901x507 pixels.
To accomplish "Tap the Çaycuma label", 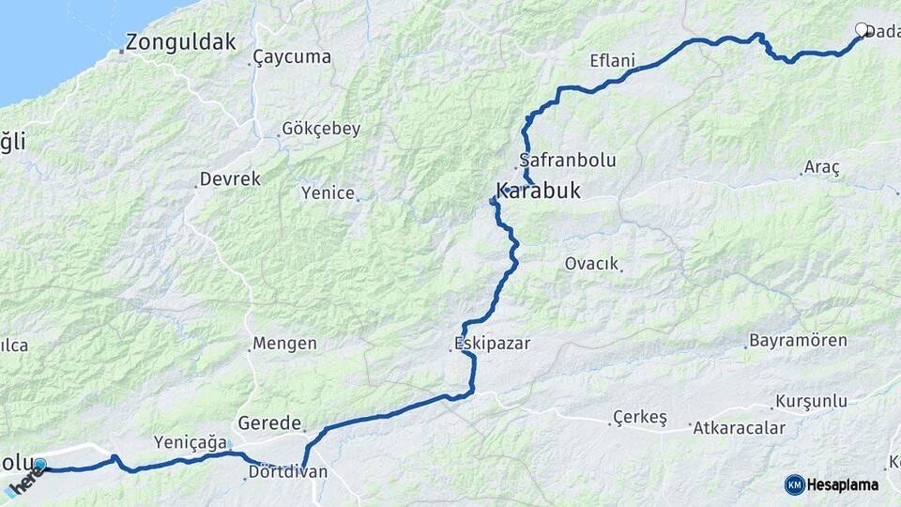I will tap(293, 57).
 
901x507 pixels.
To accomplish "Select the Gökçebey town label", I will tap(321, 130).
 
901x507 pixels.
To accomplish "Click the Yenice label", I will tap(328, 193).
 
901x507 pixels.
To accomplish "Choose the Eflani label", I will tap(613, 62).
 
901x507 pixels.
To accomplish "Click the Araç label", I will tap(821, 168).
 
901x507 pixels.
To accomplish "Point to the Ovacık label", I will tap(591, 264).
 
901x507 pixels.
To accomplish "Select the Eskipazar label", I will tap(492, 344).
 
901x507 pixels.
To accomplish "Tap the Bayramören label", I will tap(798, 341).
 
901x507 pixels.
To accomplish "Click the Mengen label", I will tap(285, 344).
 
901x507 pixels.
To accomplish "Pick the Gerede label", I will tap(269, 423).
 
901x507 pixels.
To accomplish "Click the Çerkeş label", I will tap(639, 417).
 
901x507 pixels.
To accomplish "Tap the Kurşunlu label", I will tap(811, 402).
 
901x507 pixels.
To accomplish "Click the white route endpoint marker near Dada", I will tap(862, 29).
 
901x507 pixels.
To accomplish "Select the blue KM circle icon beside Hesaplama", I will tap(795, 484).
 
